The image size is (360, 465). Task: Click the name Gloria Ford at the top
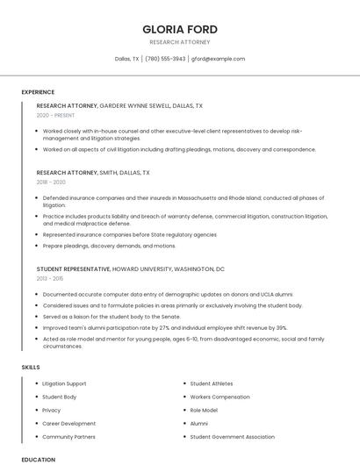coord(180,29)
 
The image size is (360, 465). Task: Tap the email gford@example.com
coord(218,59)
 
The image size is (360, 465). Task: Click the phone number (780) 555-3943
coord(165,59)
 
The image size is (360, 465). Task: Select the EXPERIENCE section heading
coord(38,92)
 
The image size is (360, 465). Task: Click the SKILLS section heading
coord(31,367)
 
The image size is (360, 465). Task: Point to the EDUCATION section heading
coord(39,459)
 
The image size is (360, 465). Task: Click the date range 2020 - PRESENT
coord(56,115)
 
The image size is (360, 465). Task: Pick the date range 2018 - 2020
coord(51,182)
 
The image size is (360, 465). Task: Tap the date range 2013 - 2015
coord(50,278)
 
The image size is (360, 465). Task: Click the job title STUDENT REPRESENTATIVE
coord(74,268)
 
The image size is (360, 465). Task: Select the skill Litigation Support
coord(64,383)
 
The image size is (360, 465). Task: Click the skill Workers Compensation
coord(220,397)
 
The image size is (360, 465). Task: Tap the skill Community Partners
coord(68,436)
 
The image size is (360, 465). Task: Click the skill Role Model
coord(204,410)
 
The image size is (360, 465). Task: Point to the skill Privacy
coord(52,410)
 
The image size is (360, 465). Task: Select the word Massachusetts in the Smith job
coord(186,198)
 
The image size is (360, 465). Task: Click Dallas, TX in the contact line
coord(126,59)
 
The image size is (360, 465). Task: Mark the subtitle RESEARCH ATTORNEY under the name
coord(180,41)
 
